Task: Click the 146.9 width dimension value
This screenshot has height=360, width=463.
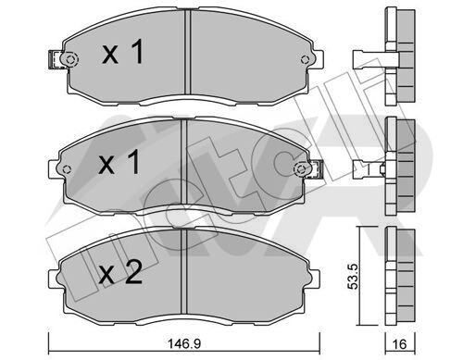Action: point(183,343)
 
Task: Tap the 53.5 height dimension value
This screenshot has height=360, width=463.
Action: point(352,276)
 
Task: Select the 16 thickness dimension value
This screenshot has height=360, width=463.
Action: point(400,343)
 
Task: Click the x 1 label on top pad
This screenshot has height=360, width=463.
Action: point(123,52)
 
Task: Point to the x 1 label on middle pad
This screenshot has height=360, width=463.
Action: point(119,162)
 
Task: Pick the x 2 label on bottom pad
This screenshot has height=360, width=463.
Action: point(120,272)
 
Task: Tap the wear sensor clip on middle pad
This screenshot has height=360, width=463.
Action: point(316,169)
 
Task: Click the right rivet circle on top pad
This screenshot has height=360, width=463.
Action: point(306,59)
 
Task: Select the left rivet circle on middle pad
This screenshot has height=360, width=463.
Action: point(67,169)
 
